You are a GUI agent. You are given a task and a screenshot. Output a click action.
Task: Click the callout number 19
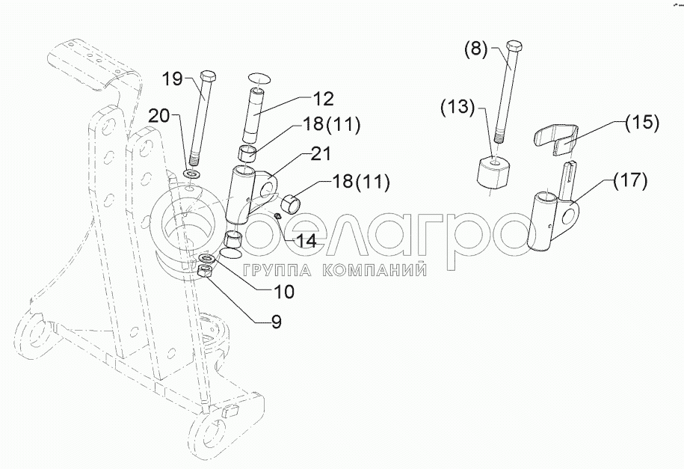coord(173,79)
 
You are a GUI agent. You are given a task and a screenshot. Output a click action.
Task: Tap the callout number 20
coord(158,116)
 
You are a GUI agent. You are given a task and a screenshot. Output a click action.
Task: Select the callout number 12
coord(323,99)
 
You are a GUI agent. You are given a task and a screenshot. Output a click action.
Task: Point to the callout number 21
coord(321,154)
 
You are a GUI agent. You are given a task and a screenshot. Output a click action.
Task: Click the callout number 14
coord(305,241)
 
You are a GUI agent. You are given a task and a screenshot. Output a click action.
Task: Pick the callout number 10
coord(283,292)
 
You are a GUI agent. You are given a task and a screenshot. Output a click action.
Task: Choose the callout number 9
coord(276,322)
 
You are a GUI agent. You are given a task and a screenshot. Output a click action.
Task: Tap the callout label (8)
coord(475,49)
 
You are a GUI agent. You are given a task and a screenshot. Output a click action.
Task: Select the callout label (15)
coord(641,123)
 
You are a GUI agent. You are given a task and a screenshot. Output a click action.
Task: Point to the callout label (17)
coord(631,180)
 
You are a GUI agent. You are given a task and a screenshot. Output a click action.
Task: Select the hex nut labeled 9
coord(205,271)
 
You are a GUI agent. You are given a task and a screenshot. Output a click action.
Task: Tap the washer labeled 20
coord(191,174)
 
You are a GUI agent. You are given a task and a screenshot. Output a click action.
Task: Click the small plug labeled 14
coord(277,215)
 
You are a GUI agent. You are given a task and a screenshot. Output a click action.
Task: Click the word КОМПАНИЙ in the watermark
coord(375,270)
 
